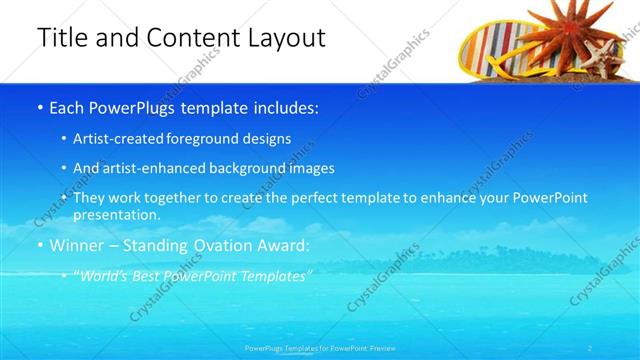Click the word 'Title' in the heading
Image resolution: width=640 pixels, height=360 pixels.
pos(61,39)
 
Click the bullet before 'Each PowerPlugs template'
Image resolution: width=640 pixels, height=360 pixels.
pos(39,108)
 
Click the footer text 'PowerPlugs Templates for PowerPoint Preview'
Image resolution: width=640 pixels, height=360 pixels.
pos(319,348)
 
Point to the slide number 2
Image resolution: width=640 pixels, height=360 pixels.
pos(590,348)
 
